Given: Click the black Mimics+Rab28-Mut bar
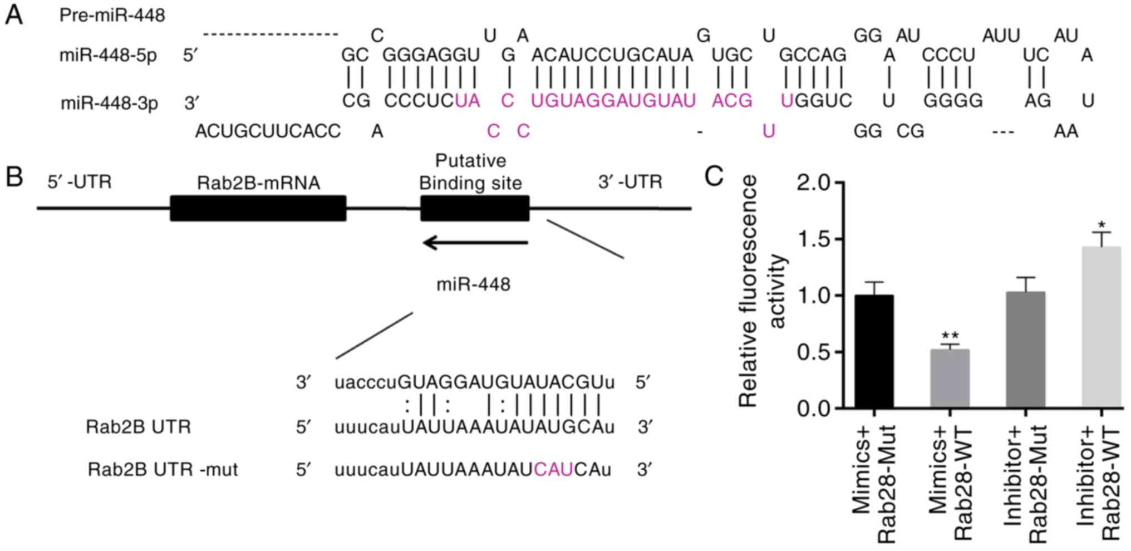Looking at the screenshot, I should (x=874, y=352).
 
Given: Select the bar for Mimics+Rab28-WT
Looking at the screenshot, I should (x=950, y=379).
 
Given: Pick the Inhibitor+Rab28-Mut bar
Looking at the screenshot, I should (x=1025, y=350).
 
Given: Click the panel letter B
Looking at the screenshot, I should (x=14, y=177).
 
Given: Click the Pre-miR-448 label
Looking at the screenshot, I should (x=112, y=15).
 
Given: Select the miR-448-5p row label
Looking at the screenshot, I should (x=108, y=56).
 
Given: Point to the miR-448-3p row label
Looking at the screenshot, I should (x=109, y=103).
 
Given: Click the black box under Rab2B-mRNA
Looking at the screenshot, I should (x=258, y=208).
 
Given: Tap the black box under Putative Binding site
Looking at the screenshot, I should (x=474, y=208).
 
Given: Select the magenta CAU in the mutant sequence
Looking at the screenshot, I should (x=553, y=470).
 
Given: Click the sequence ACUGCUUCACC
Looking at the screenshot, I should (x=267, y=131).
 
